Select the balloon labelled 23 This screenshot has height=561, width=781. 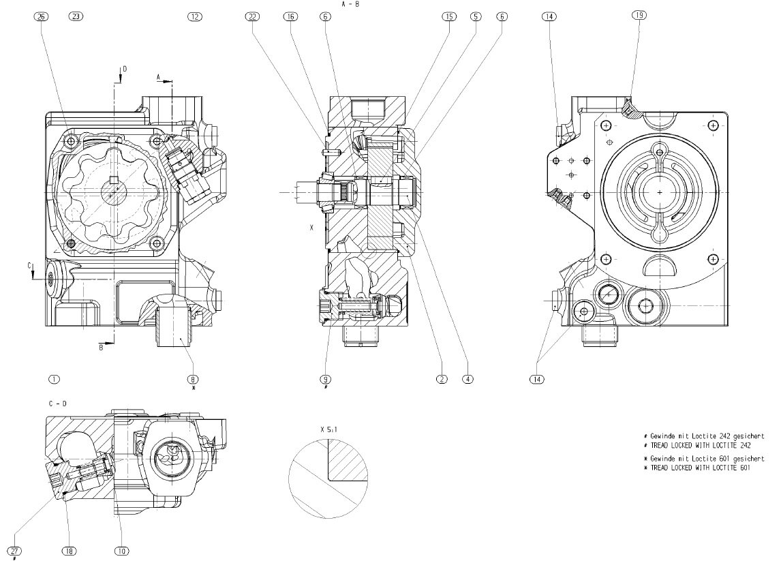tap(76, 16)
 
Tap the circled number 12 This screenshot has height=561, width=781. tap(195, 16)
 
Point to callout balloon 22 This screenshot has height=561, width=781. tap(253, 16)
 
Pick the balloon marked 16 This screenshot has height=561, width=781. tap(291, 16)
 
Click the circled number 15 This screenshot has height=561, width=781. tap(448, 16)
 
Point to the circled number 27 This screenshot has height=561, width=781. tap(14, 551)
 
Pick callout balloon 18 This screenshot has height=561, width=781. tap(68, 551)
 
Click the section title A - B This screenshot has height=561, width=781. tap(350, 4)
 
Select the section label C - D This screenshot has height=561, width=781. tap(58, 404)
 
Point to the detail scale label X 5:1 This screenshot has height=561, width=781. tap(328, 430)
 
